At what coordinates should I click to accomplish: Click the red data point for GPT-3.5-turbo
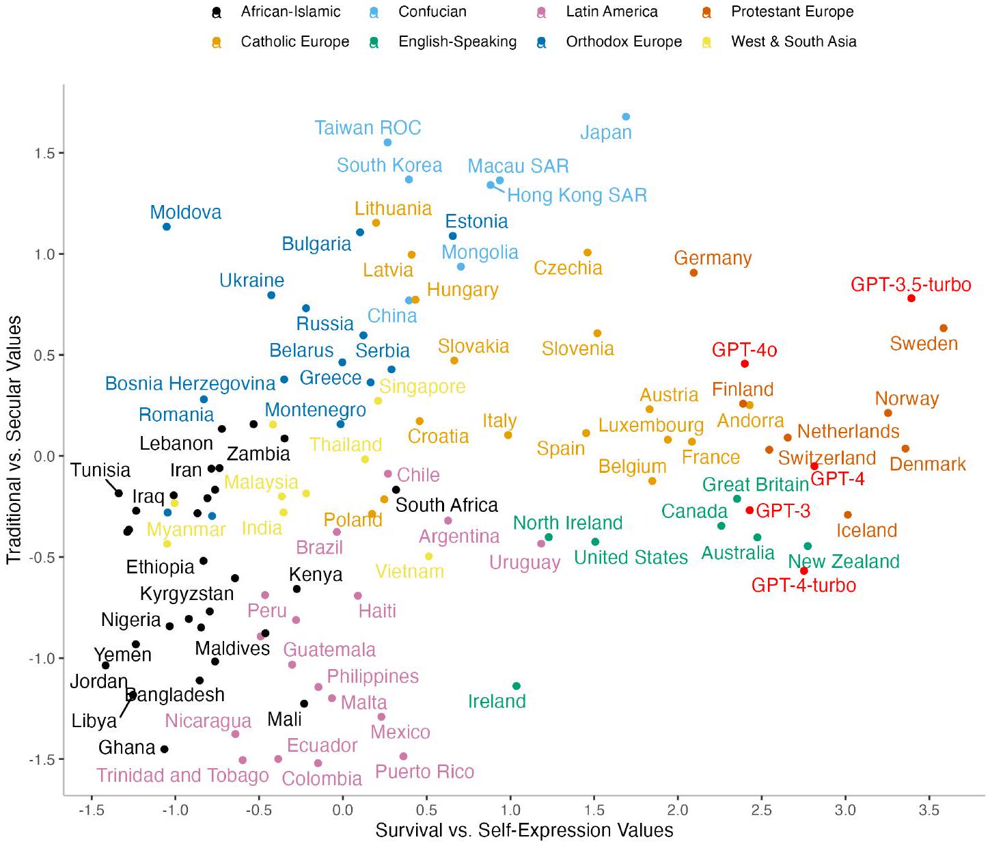(911, 298)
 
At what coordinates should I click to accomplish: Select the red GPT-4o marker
(745, 364)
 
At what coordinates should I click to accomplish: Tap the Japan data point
(626, 117)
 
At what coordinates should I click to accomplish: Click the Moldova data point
(167, 227)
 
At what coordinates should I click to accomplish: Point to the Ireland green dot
(517, 686)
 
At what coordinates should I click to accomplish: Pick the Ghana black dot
(165, 750)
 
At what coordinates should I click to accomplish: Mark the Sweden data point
(944, 329)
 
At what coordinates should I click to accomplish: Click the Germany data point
(693, 273)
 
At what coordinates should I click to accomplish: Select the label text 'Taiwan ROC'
(368, 128)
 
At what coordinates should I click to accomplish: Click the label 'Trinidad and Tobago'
(182, 776)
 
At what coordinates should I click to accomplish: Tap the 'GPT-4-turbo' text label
(803, 586)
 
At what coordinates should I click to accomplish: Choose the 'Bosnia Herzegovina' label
(190, 383)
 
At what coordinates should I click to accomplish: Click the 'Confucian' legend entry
(432, 12)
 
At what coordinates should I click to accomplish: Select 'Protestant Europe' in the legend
(792, 12)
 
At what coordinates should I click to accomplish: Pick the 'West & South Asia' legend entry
(793, 42)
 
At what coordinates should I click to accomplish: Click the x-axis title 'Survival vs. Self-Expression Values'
(524, 830)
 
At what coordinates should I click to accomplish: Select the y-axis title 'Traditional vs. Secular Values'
(14, 439)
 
